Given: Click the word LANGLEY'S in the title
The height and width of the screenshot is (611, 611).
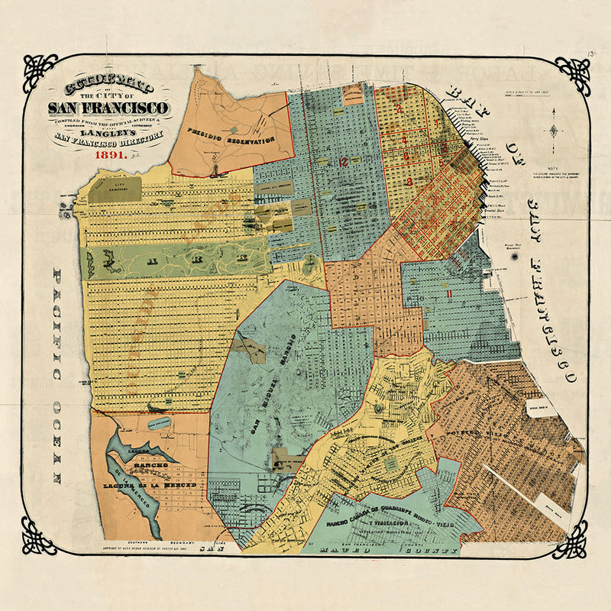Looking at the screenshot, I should [108, 128].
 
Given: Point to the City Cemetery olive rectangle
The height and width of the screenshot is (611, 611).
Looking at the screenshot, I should [114, 188].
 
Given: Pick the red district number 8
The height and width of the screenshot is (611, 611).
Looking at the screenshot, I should [410, 181].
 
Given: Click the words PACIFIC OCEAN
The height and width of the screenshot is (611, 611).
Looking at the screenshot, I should [56, 374].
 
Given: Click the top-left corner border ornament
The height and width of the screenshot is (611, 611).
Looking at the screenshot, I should [40, 73].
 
